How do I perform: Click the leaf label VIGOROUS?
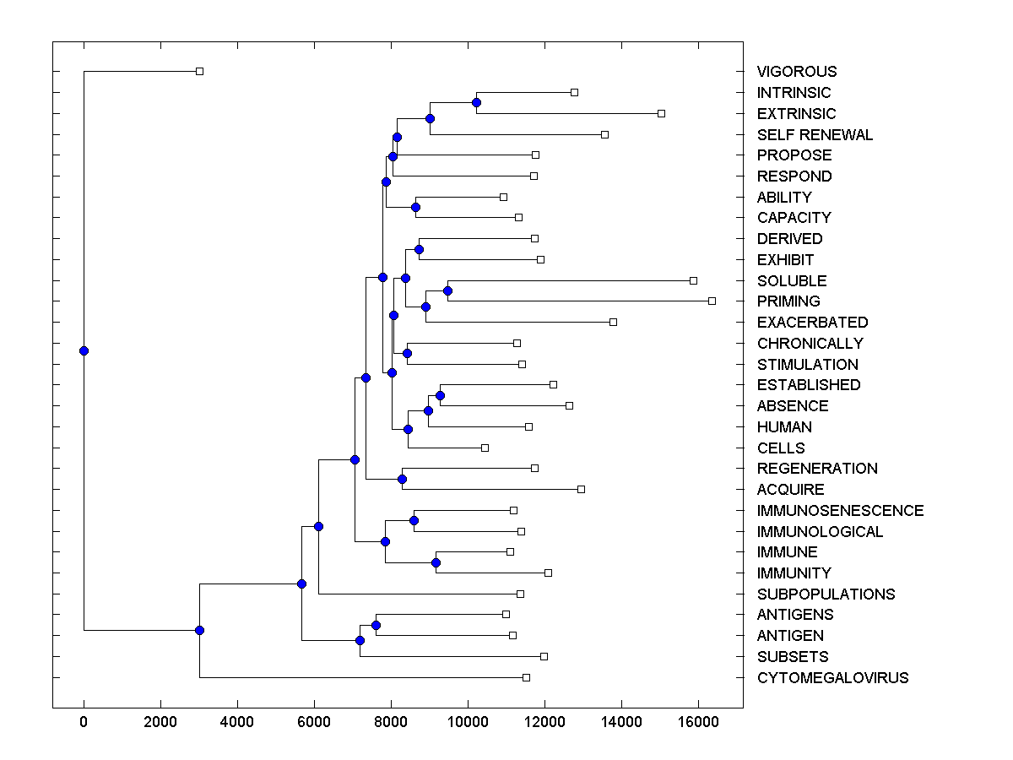797,72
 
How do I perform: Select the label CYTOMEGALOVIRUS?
832,678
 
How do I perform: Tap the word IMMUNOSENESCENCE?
840,511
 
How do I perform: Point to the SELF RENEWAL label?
815,135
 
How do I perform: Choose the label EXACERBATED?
812,323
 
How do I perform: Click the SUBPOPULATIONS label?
826,594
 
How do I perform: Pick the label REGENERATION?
817,469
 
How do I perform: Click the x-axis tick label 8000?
391,720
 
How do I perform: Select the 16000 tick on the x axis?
698,720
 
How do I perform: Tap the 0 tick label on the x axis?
84,720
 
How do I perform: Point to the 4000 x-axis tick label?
237,720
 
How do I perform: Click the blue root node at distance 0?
84,350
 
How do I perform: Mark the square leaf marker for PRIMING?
712,301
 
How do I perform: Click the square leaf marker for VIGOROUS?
199,71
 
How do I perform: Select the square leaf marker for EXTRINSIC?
661,113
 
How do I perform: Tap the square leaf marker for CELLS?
485,448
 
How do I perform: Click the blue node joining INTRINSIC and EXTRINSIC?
476,102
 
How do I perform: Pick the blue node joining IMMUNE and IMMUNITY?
436,562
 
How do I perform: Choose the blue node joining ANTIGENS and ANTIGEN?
376,625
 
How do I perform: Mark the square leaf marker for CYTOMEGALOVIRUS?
526,677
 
